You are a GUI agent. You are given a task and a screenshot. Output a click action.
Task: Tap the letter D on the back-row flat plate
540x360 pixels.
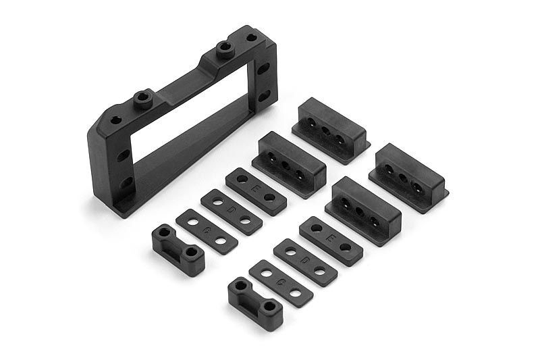[231, 211]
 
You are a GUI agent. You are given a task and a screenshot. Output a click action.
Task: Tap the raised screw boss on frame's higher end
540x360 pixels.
[223, 48]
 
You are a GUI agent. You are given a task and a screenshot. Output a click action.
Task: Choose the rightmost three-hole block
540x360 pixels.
[408, 177]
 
